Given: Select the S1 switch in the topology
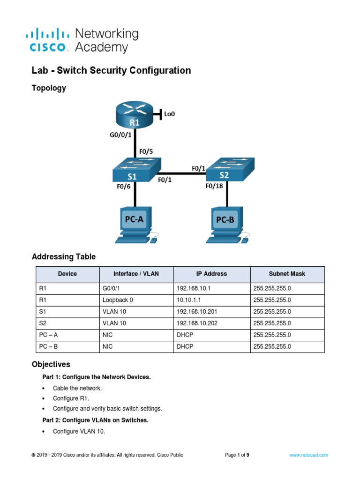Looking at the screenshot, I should [136, 171].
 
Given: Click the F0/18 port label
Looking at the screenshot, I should [215, 186].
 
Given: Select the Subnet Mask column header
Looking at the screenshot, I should [287, 274].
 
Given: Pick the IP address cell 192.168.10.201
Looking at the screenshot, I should [197, 312].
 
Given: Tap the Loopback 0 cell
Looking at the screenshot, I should [118, 300].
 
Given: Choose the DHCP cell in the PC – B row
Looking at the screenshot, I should [185, 347].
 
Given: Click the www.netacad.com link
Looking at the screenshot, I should [308, 455].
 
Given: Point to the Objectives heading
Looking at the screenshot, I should [51, 364].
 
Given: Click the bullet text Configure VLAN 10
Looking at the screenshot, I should [79, 432].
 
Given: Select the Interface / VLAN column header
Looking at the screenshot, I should [136, 274].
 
